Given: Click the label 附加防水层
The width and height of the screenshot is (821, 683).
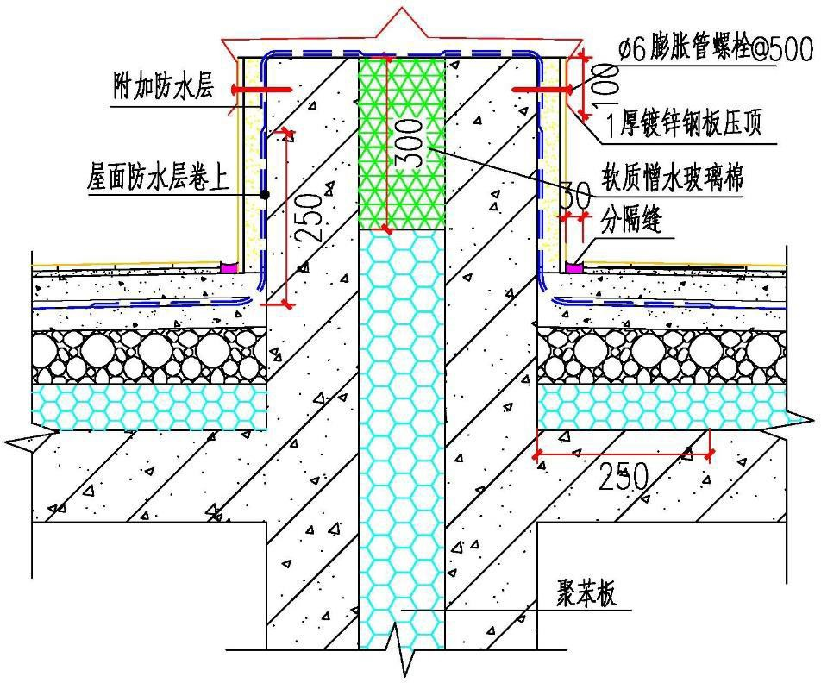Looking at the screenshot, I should point(163,87).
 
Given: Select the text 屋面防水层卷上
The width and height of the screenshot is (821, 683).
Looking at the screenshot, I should point(159,179).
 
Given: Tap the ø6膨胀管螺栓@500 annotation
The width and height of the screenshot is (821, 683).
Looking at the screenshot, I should point(715,51).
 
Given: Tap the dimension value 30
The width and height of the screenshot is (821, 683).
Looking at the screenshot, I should point(572,197).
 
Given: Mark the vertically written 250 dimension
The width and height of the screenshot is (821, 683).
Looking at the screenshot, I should point(315,216).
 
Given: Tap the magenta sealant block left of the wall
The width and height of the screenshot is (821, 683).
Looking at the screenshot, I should point(229,267).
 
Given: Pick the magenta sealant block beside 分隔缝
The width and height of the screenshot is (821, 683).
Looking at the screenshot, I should point(573,268).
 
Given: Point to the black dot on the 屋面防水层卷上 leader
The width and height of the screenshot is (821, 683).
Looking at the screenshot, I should point(266,195).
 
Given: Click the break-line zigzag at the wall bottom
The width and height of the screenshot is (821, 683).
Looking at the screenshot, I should point(402,659).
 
